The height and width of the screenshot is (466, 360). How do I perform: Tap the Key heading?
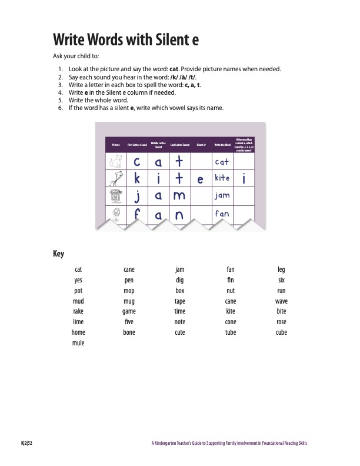point(58,254)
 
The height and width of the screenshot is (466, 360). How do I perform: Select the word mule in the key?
point(78,343)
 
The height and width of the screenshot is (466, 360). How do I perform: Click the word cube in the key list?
point(281,332)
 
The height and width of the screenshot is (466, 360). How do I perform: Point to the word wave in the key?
point(281,301)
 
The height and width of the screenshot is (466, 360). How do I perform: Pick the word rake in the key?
point(78,311)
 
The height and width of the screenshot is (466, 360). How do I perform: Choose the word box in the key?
point(180,290)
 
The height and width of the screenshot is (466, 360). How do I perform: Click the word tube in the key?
point(231,332)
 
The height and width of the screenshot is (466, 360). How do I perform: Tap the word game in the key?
point(129,311)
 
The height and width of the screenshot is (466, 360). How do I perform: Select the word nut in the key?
point(231,290)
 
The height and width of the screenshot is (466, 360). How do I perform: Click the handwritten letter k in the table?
point(136,178)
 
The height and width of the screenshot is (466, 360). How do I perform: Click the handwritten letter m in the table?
point(179,195)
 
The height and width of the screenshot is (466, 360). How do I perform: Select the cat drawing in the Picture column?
point(114,161)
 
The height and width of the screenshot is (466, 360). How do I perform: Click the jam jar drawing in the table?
point(114,195)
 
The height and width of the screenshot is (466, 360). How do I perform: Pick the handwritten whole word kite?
point(222,178)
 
